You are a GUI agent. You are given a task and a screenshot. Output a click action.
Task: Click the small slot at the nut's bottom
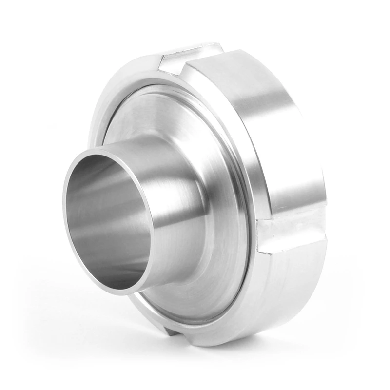[x=171, y=332]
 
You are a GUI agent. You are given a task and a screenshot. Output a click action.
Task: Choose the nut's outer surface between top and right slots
[x=263, y=127]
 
